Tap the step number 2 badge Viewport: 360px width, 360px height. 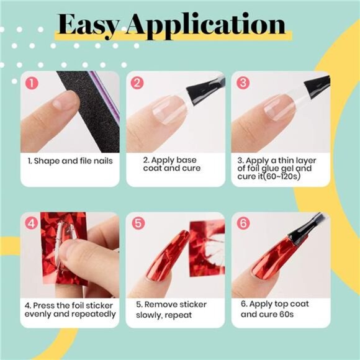(137, 82)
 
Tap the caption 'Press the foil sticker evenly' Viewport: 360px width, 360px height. (70, 309)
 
